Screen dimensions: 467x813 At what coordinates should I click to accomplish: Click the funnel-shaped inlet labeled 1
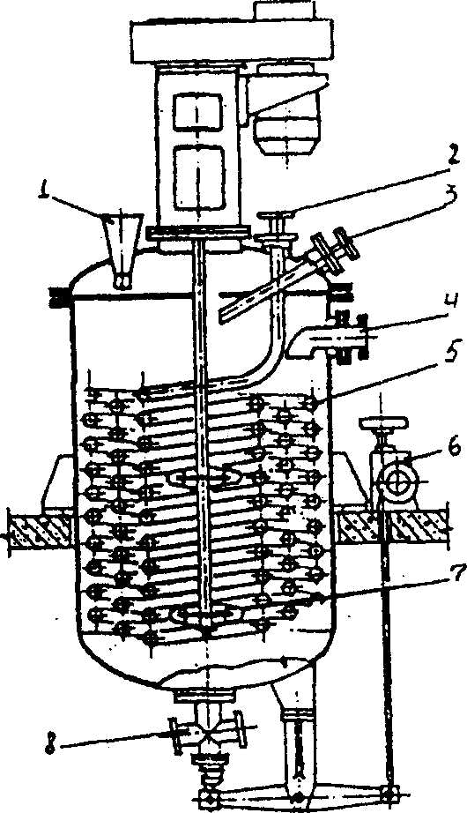[x=120, y=250]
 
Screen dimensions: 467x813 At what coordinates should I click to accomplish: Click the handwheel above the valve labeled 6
[x=382, y=424]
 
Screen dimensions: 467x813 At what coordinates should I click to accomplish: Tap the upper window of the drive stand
[x=198, y=111]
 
